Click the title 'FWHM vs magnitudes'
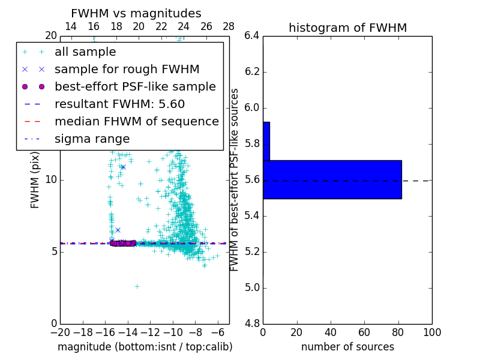[136, 13]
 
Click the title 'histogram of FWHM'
[347, 28]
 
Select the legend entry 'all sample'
[85, 52]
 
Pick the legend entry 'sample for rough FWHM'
[127, 70]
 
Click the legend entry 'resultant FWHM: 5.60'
[119, 104]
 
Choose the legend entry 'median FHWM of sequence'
[136, 122]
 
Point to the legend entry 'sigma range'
[92, 139]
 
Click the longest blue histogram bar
[332, 179]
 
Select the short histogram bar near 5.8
[266, 141]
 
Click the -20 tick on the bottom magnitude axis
[60, 332]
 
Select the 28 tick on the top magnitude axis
[229, 26]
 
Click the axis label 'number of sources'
[347, 347]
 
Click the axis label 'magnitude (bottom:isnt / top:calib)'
[145, 347]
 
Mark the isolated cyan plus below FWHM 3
[137, 287]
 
